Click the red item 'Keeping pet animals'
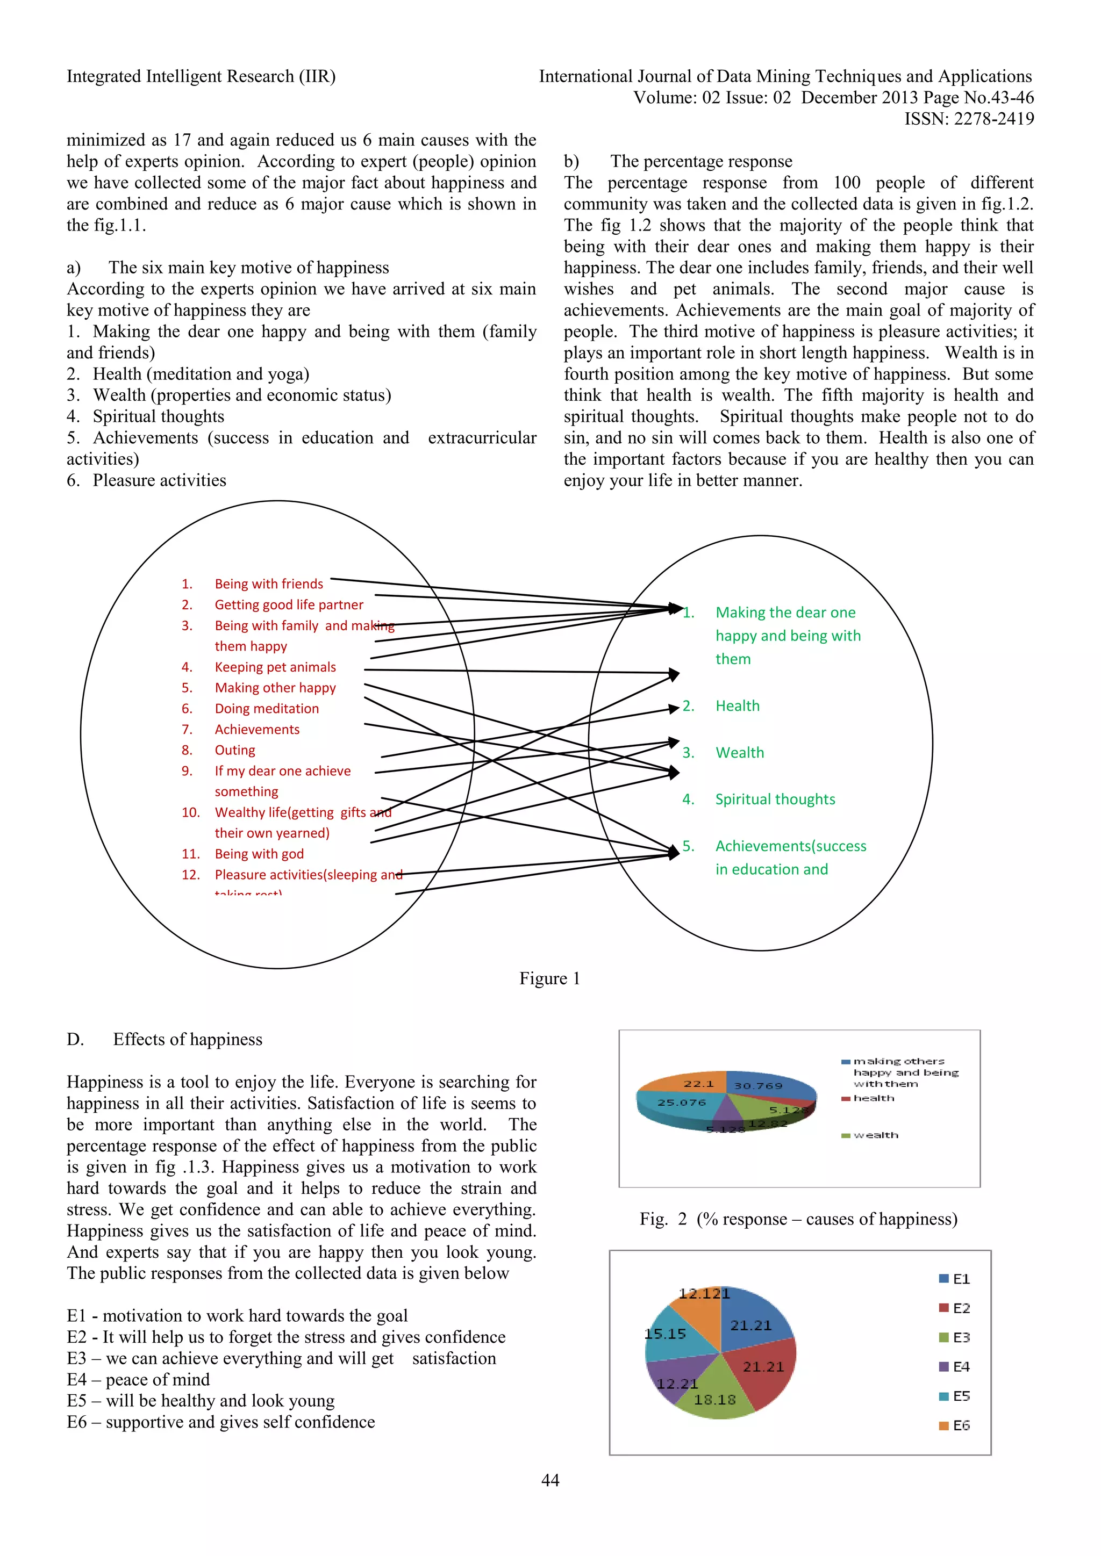pyautogui.click(x=275, y=667)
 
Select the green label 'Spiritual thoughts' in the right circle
pyautogui.click(x=775, y=799)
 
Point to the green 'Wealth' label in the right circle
pyautogui.click(x=740, y=752)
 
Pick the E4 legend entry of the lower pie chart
pyautogui.click(x=955, y=1367)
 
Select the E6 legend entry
pyautogui.click(x=955, y=1426)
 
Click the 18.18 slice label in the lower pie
pyautogui.click(x=714, y=1400)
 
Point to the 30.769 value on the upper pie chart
pyautogui.click(x=758, y=1086)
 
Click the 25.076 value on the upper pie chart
pyautogui.click(x=681, y=1103)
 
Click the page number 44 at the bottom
pyautogui.click(x=550, y=1481)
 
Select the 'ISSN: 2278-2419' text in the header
pyautogui.click(x=969, y=119)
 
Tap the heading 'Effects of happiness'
pyautogui.click(x=187, y=1040)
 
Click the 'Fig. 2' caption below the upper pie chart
pyautogui.click(x=798, y=1219)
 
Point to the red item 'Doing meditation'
pyautogui.click(x=267, y=708)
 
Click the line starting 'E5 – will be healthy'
pyautogui.click(x=201, y=1401)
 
